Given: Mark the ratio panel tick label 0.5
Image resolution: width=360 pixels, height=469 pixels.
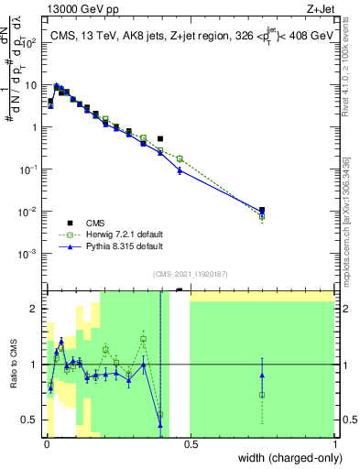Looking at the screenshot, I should click(x=30, y=420).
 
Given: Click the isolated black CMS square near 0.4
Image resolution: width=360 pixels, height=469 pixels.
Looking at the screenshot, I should click(x=160, y=139).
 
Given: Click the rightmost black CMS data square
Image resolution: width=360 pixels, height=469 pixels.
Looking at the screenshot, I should click(x=262, y=210).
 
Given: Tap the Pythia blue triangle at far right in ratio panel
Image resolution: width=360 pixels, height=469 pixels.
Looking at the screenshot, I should click(x=262, y=375).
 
